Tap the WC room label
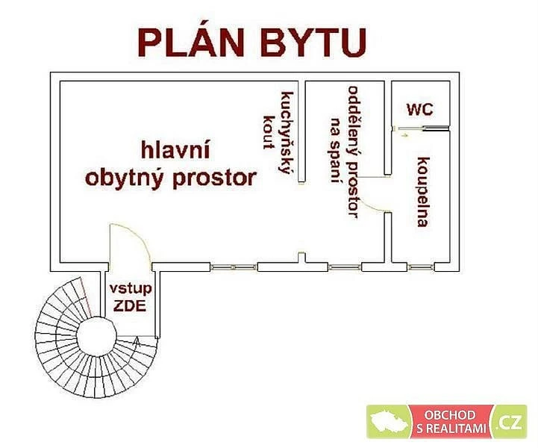click(x=420, y=109)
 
